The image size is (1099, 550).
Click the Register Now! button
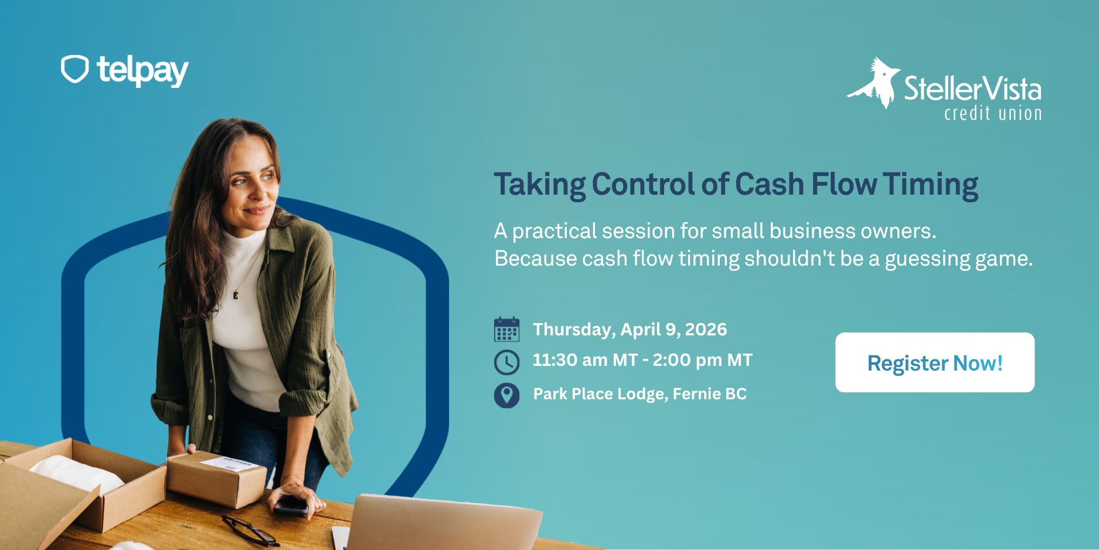point(935,362)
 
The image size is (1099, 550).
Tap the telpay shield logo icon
point(75,69)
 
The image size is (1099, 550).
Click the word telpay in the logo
point(142,71)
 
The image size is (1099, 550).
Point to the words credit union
point(993,113)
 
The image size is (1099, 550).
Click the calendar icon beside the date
point(506,330)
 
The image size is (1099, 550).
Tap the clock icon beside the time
point(506,362)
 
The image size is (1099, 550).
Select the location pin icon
point(506,395)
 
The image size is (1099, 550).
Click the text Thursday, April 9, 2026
point(630,330)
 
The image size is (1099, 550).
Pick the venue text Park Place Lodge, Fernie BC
point(639,394)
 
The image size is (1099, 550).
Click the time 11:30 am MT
point(584,360)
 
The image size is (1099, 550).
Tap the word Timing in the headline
point(930,185)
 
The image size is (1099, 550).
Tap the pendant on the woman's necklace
point(236,294)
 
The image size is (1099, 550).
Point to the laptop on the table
point(440,522)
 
